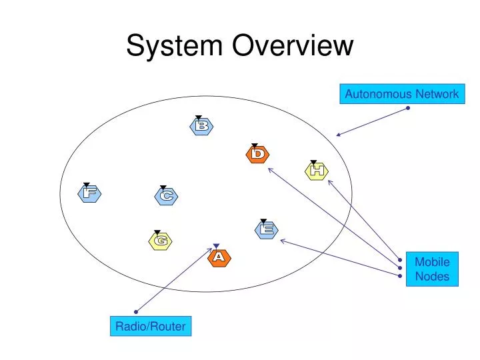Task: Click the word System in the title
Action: click(175, 46)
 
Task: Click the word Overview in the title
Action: click(293, 46)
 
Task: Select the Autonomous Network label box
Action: click(401, 94)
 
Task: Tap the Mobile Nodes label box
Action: click(432, 269)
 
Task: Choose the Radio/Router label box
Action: click(150, 326)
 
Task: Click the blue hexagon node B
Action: click(201, 126)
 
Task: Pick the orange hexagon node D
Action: click(258, 154)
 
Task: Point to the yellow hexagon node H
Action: click(317, 171)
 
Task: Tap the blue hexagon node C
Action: click(166, 196)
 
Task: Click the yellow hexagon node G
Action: click(160, 241)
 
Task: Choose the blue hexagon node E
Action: click(267, 229)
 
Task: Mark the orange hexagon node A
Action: click(219, 257)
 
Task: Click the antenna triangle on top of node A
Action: click(215, 246)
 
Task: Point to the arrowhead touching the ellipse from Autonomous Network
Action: click(338, 135)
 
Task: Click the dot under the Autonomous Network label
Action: click(407, 109)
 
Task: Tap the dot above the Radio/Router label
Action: click(135, 311)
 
